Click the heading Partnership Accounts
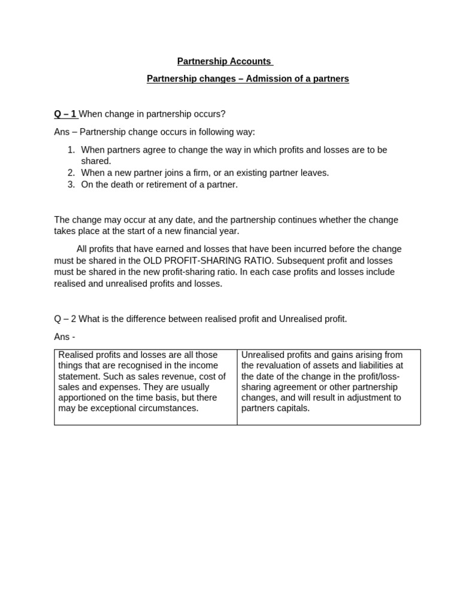tap(224, 62)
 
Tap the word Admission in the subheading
tap(268, 79)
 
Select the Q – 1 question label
tap(65, 114)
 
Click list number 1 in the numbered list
tap(71, 150)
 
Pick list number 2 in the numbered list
tap(71, 173)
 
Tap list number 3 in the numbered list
tap(71, 184)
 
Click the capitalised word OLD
tap(153, 260)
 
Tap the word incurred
tap(310, 249)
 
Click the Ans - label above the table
tap(65, 337)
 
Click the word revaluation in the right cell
tap(276, 366)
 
